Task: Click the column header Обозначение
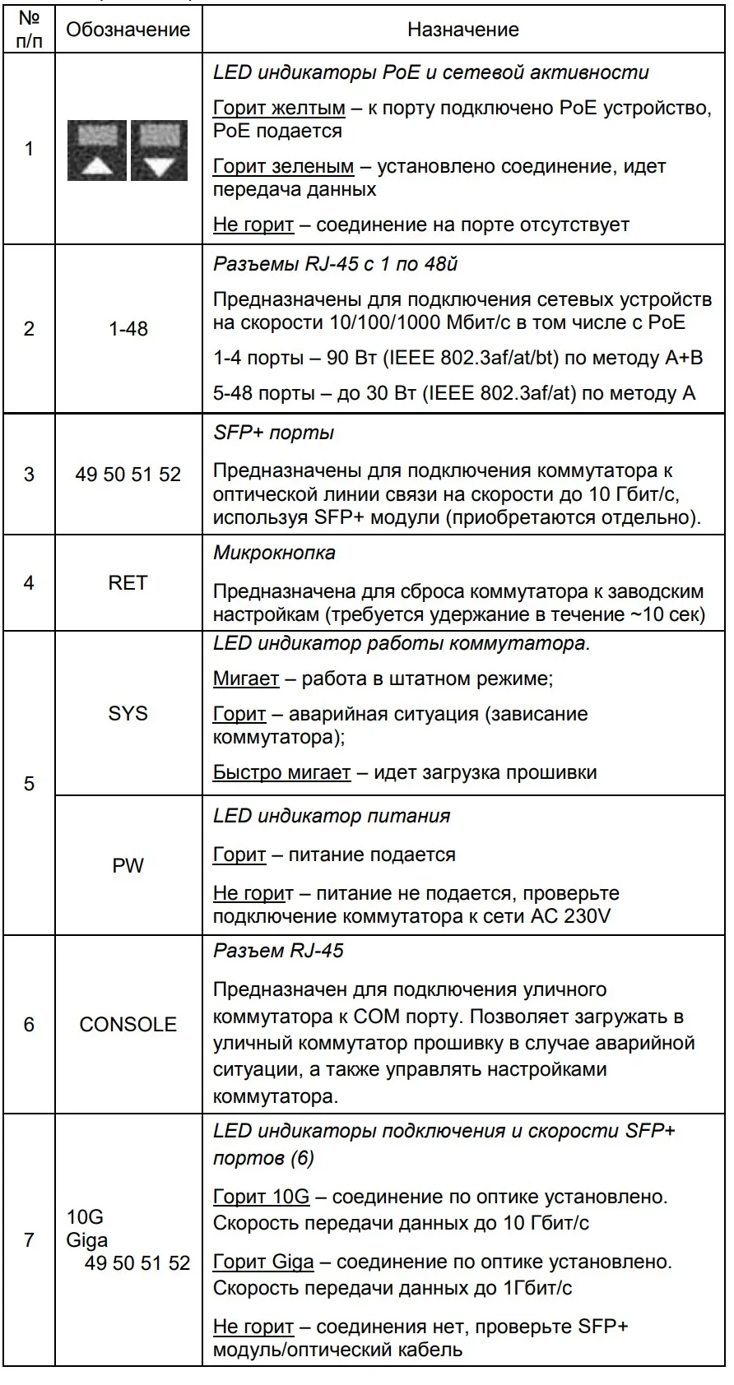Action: coord(128,30)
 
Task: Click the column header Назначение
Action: coord(463,30)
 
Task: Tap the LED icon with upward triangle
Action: coord(97,151)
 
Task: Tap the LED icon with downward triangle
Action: coord(160,151)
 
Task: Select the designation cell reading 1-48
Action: coord(128,329)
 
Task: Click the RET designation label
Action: coord(128,583)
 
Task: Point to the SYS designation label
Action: coord(128,713)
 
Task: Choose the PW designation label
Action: coord(128,865)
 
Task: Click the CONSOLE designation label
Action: coord(128,1024)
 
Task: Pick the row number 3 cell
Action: coord(29,475)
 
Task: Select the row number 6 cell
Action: coord(29,1024)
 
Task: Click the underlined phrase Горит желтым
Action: coord(279,108)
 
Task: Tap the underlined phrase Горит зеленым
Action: coord(283,166)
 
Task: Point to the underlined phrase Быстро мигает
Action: coord(281,772)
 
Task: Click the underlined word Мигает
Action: coord(246,679)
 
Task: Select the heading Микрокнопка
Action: coord(274,553)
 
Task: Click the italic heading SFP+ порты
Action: coord(273,433)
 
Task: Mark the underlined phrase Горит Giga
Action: coord(263,1262)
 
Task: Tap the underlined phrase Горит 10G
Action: coord(261,1197)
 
